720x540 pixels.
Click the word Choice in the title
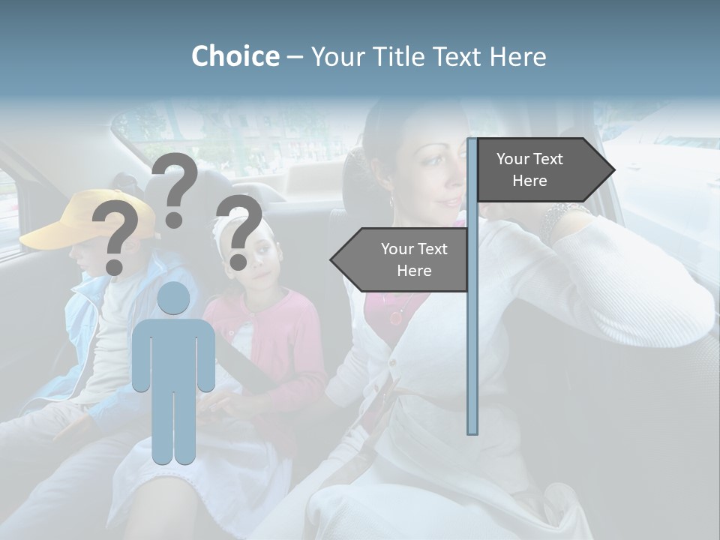(x=235, y=56)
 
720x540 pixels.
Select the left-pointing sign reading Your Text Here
(x=405, y=259)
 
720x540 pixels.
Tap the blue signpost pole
(x=472, y=337)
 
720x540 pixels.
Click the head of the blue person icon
(x=173, y=298)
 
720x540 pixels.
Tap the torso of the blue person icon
(x=173, y=352)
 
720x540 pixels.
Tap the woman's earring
(x=391, y=201)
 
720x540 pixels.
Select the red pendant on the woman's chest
(x=395, y=316)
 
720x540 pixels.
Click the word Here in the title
(x=518, y=56)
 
